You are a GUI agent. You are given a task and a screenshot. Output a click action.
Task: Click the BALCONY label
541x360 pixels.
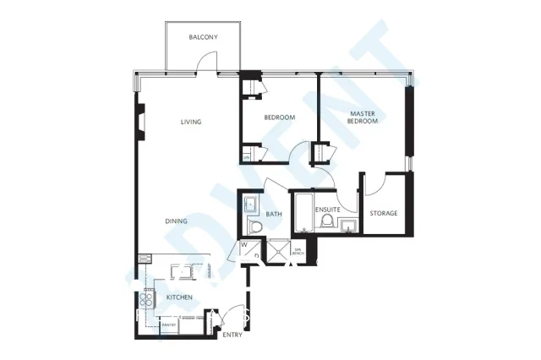[x=204, y=37]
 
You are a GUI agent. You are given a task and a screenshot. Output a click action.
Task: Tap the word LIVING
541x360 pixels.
[x=191, y=123]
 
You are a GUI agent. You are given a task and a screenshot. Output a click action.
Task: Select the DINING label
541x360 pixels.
[x=177, y=221]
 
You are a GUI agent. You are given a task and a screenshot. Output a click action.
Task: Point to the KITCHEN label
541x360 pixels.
[x=178, y=297]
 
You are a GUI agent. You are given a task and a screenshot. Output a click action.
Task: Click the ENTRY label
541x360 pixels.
[x=232, y=335]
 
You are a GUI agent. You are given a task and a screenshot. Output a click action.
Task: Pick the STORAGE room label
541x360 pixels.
[x=383, y=213]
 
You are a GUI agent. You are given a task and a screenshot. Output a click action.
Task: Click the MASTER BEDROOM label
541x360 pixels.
[x=363, y=117]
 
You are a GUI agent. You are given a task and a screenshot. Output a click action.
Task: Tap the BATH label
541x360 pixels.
[x=274, y=215]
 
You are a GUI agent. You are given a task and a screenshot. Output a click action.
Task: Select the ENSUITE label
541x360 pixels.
[x=327, y=208]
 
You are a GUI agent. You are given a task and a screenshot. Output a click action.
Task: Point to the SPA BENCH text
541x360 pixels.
[x=298, y=251]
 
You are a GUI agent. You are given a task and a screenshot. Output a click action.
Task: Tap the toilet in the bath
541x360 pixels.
[x=254, y=226]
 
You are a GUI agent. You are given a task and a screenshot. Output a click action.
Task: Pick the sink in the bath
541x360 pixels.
[x=252, y=205]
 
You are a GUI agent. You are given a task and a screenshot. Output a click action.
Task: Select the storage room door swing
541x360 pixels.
[x=376, y=183]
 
